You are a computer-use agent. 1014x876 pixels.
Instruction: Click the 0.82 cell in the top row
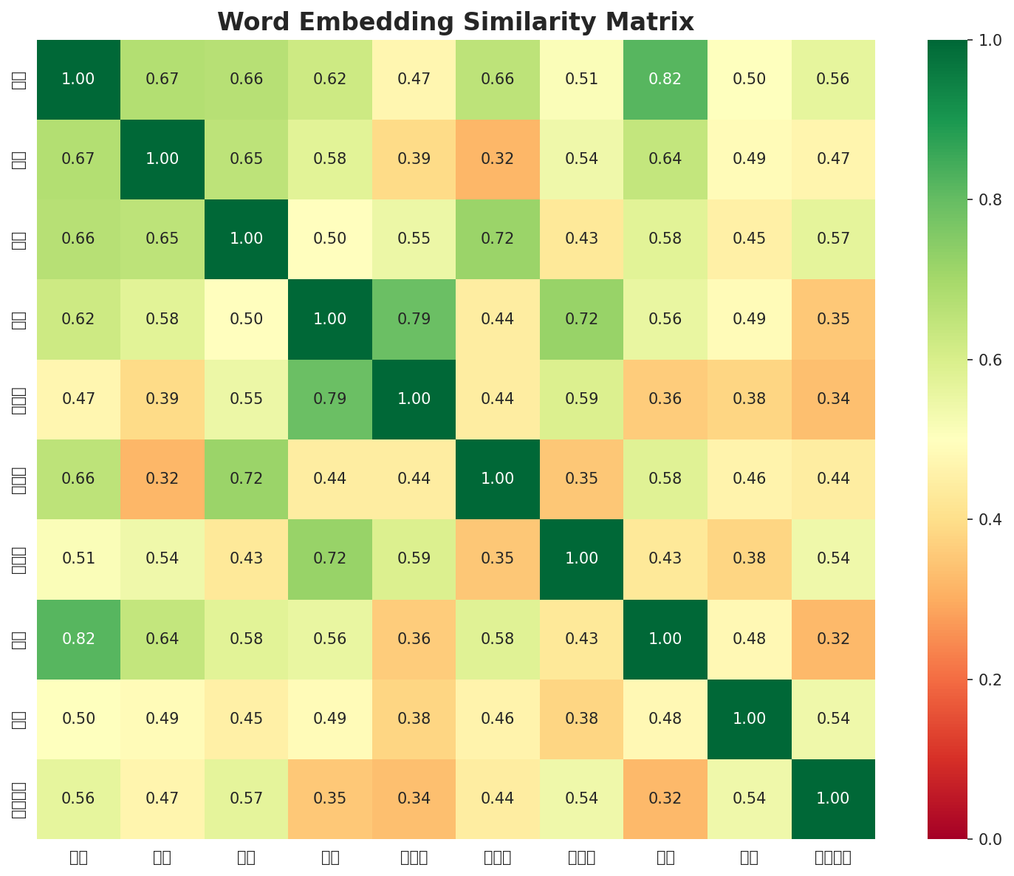665,79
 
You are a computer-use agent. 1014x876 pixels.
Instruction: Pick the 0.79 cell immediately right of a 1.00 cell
414,319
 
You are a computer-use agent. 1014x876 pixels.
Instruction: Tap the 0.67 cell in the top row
162,79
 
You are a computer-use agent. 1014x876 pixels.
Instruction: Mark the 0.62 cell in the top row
330,79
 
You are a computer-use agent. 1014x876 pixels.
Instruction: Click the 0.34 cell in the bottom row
414,798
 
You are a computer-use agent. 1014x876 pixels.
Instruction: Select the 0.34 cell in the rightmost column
833,399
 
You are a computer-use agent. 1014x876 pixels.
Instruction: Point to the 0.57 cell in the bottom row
247,798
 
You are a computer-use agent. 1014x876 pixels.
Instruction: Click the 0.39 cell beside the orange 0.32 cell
414,159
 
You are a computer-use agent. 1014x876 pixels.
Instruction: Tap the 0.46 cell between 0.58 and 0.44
750,479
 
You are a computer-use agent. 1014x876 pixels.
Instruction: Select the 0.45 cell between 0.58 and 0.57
750,239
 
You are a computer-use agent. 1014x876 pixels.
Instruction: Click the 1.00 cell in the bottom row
833,798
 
